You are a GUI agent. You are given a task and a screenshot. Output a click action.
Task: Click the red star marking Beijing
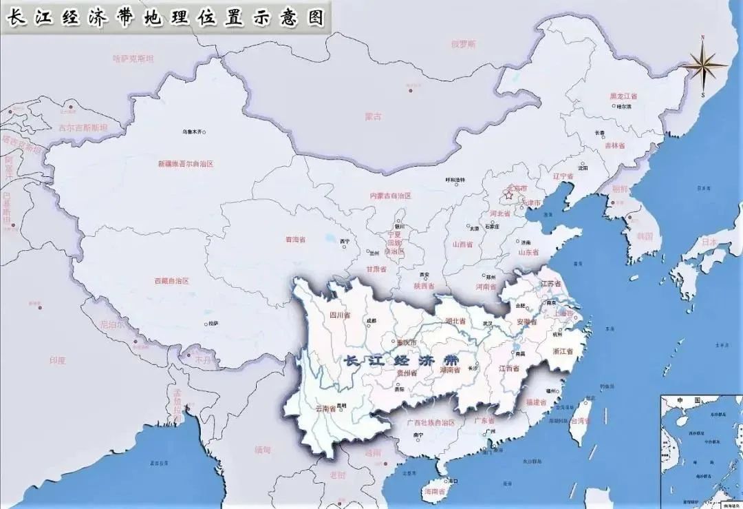point(509,196)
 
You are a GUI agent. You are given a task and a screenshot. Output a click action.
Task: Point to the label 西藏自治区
point(171,281)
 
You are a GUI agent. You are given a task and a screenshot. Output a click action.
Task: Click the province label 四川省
point(340,315)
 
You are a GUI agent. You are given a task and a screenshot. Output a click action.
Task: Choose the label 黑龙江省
point(623,96)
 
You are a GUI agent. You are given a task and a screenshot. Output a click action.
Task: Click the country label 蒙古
point(374,117)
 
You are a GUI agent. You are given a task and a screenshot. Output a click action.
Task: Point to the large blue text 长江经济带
point(401,360)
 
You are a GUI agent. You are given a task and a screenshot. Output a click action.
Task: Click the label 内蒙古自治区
point(390,196)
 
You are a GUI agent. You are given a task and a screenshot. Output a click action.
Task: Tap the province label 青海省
point(295,240)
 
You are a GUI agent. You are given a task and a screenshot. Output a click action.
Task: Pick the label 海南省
point(434,492)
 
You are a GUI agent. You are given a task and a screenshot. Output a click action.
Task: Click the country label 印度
point(56,360)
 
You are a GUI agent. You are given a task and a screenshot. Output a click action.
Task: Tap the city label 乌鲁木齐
point(193,132)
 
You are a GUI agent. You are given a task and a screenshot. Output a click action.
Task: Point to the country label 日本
point(709,242)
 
